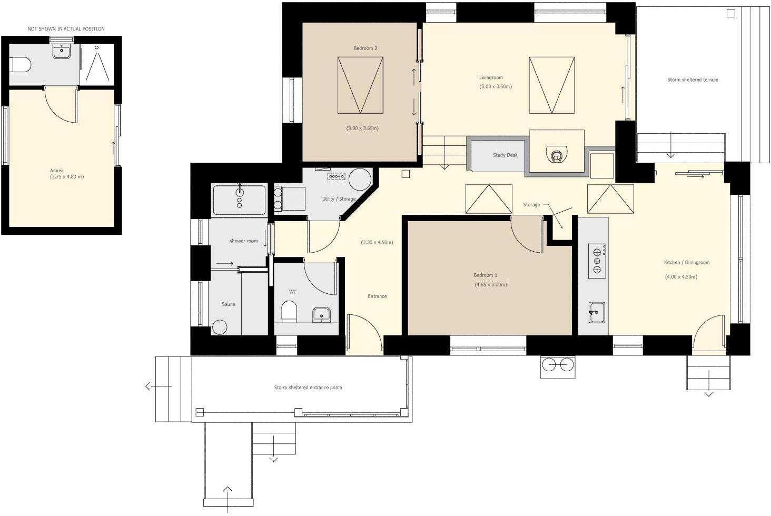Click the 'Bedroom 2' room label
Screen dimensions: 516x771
click(x=365, y=48)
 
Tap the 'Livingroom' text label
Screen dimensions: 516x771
click(x=491, y=78)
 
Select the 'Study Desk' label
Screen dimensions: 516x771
click(x=505, y=155)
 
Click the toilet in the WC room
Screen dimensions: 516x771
click(x=289, y=311)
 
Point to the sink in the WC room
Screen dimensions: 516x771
click(x=321, y=315)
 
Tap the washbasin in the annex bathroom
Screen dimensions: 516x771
click(x=62, y=52)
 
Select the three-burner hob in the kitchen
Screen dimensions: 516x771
click(x=597, y=261)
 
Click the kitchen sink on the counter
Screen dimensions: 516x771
click(x=596, y=313)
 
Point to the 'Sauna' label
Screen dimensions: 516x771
click(x=229, y=304)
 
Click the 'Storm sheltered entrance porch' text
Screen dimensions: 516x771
click(x=308, y=388)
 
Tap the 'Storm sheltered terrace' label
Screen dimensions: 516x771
click(x=692, y=80)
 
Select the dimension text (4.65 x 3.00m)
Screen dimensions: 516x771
click(x=490, y=285)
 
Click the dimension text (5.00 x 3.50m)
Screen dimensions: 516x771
click(x=495, y=86)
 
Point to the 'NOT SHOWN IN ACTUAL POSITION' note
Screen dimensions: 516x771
click(x=66, y=29)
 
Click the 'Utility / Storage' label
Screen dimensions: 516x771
click(x=339, y=199)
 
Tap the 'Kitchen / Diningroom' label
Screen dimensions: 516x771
click(x=686, y=263)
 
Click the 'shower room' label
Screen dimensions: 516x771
click(x=243, y=241)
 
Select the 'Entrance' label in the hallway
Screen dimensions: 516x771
click(x=377, y=296)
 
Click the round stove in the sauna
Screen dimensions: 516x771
click(x=220, y=327)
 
